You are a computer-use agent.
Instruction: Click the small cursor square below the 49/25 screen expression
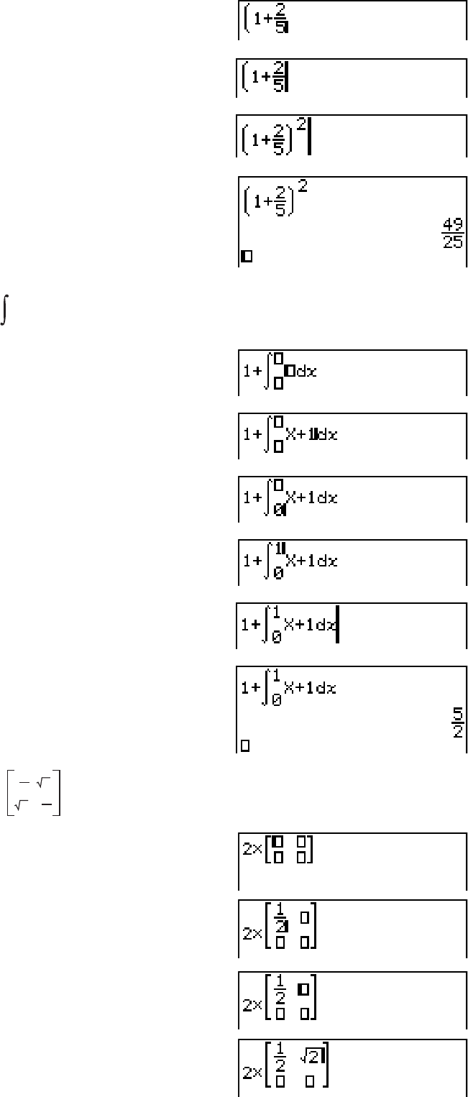pyautogui.click(x=246, y=255)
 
